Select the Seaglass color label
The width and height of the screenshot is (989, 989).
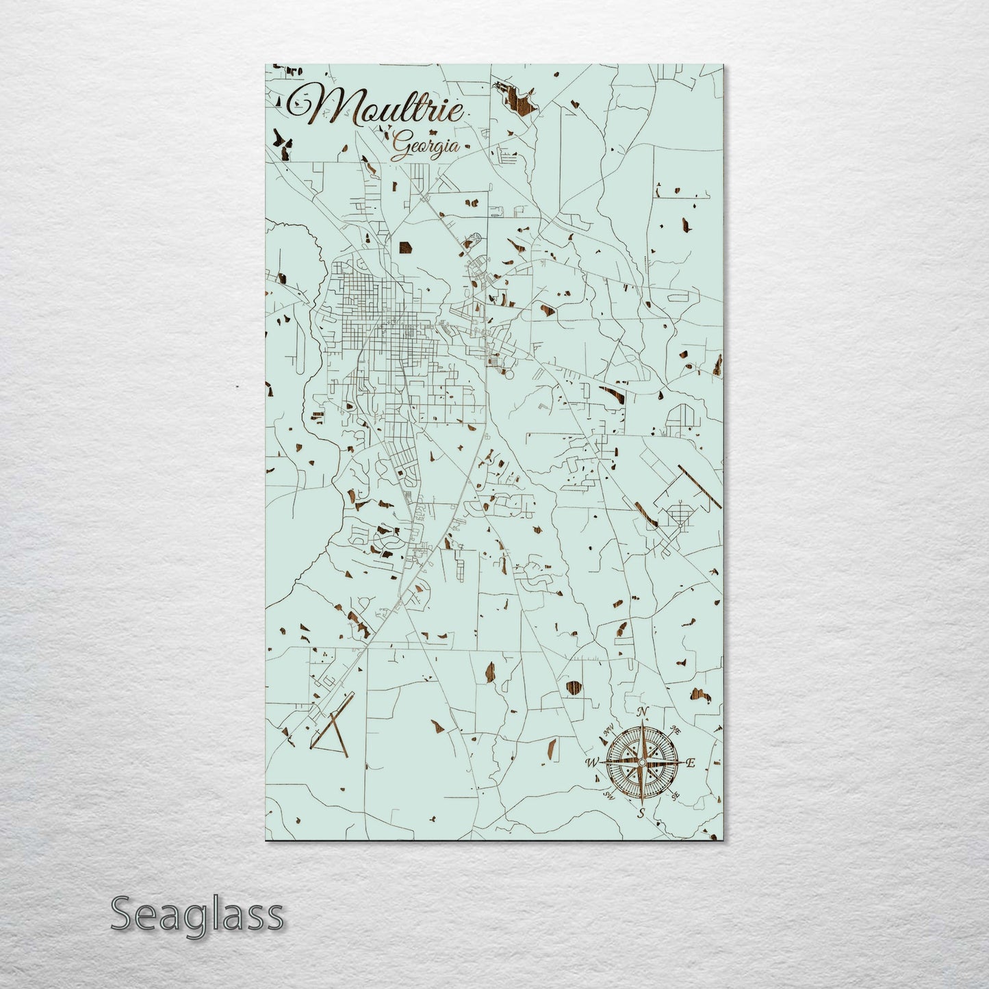tap(197, 915)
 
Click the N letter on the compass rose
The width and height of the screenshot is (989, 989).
tap(643, 712)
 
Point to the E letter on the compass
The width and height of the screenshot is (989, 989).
tap(691, 763)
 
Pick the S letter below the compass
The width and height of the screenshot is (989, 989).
tap(641, 814)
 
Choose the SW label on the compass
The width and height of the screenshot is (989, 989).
tap(606, 795)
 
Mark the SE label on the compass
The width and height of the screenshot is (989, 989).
tap(676, 795)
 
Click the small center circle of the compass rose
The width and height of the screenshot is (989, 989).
tap(642, 762)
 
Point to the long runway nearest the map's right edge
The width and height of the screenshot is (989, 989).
tap(699, 487)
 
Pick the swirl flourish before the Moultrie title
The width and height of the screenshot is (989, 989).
tap(301, 103)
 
